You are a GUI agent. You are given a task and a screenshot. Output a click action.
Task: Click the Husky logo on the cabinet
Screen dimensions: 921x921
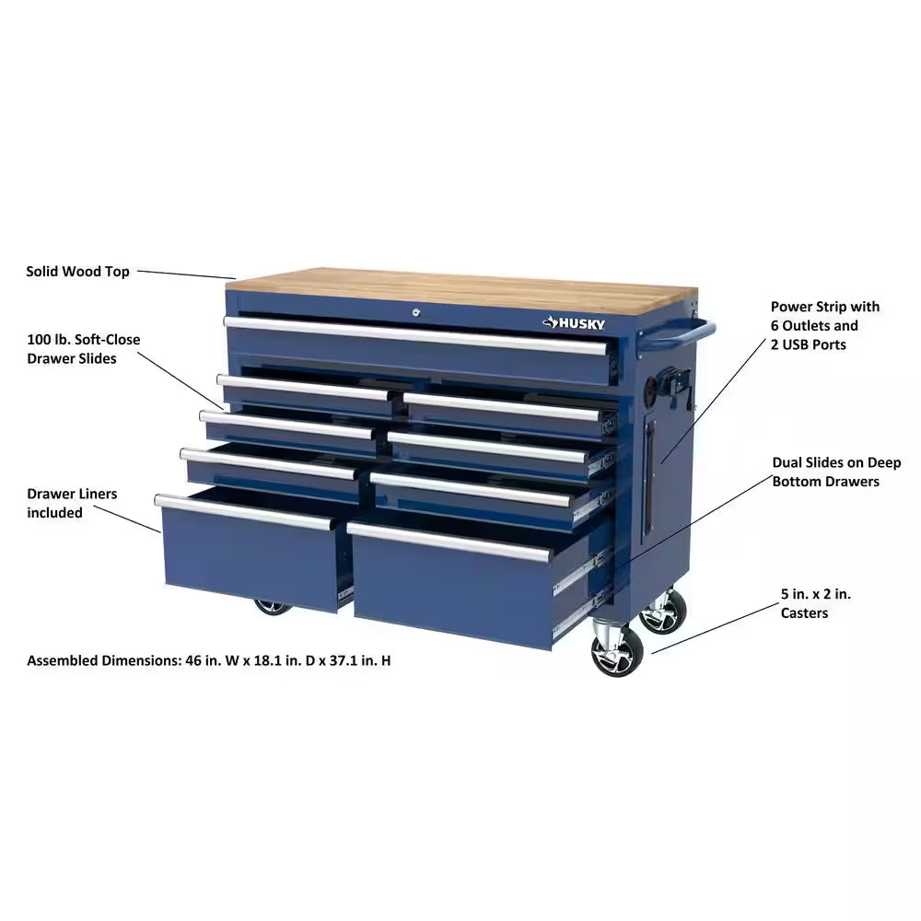pyautogui.click(x=573, y=321)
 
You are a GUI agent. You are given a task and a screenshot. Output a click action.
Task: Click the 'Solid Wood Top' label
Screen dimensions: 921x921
pyautogui.click(x=77, y=272)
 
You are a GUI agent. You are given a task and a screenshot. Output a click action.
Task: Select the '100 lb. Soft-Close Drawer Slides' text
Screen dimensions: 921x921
pyautogui.click(x=84, y=349)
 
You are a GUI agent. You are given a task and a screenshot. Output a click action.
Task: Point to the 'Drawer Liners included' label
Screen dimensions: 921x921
pyautogui.click(x=72, y=503)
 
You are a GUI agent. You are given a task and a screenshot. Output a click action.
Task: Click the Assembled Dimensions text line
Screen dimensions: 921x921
pyautogui.click(x=208, y=660)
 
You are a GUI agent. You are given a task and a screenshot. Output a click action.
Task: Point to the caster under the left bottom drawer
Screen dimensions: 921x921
pyautogui.click(x=272, y=607)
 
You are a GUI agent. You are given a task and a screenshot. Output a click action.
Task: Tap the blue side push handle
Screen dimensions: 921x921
pyautogui.click(x=702, y=331)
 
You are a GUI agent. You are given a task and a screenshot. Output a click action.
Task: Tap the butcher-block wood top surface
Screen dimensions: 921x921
pyautogui.click(x=460, y=287)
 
